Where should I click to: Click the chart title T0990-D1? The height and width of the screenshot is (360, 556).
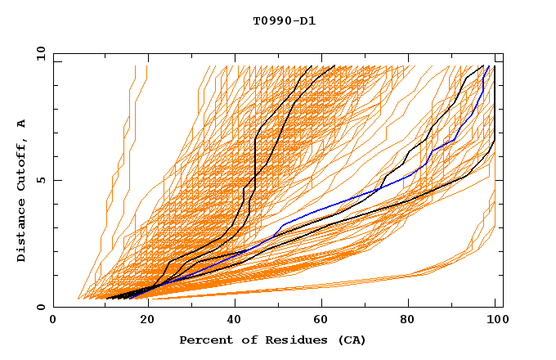pos(284,20)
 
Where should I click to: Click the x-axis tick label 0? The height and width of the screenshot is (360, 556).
pos(53,320)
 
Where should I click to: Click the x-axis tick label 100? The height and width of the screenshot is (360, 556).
pos(495,320)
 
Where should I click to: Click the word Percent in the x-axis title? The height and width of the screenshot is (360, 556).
pos(202,340)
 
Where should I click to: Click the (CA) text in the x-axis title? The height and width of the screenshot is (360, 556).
pos(352,340)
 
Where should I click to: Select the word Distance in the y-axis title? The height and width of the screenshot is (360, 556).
pos(22,232)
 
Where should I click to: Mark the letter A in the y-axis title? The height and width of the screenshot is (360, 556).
pos(22,124)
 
